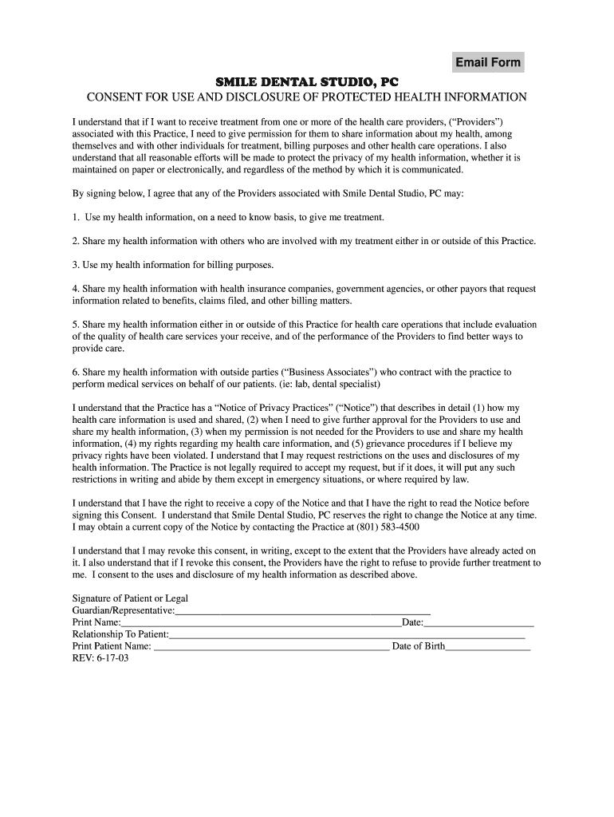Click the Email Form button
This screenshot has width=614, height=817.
pyautogui.click(x=488, y=62)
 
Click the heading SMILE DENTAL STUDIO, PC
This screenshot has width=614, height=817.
pyautogui.click(x=307, y=82)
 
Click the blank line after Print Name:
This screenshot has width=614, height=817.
pyautogui.click(x=261, y=622)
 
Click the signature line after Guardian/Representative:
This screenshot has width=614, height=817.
pyautogui.click(x=303, y=610)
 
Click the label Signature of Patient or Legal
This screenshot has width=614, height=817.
pyautogui.click(x=130, y=598)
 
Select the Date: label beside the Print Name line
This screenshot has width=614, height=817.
pyautogui.click(x=412, y=622)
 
